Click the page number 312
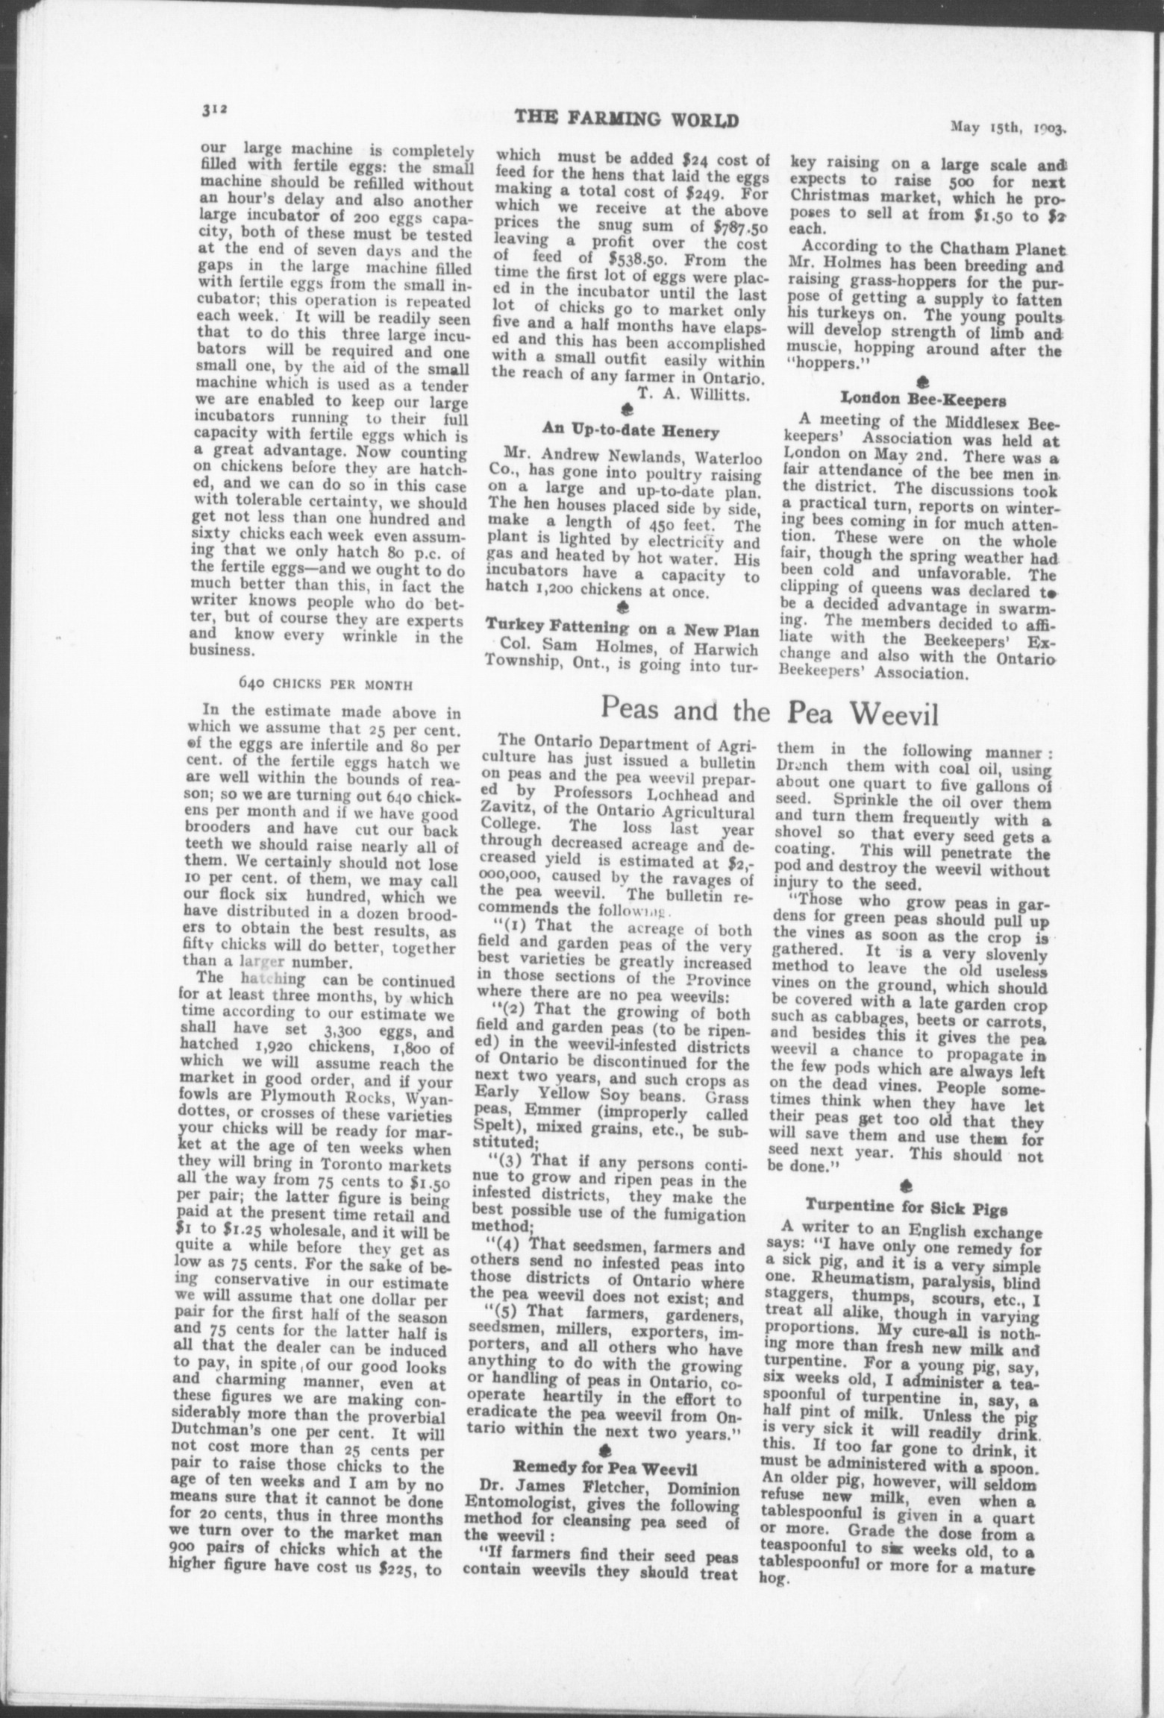[x=213, y=109]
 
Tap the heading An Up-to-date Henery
[x=630, y=430]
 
